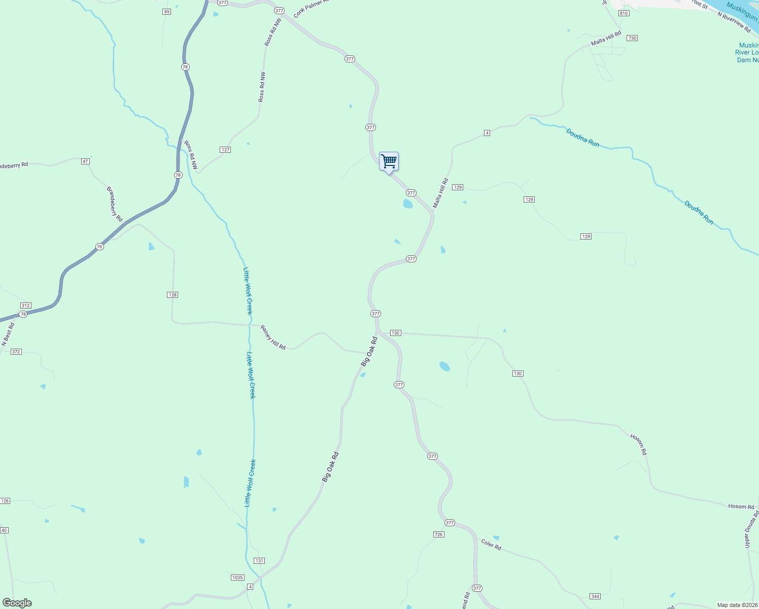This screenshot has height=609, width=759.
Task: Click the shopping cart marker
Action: point(389,162)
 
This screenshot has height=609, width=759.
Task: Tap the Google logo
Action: point(17,603)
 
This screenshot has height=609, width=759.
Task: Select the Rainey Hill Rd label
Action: point(273,337)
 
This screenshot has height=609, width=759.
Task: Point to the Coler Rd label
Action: point(491,545)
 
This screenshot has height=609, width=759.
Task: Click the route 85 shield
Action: point(166,11)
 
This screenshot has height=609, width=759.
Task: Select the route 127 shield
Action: point(225,150)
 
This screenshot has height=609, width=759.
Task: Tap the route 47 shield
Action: point(85,161)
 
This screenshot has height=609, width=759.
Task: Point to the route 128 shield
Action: point(172,295)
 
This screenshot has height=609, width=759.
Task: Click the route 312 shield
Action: point(26,306)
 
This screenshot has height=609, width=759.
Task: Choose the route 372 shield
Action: point(16,352)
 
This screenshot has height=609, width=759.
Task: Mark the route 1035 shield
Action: point(237,578)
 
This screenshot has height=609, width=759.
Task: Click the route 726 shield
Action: point(439,534)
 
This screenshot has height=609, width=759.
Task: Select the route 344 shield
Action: point(595,596)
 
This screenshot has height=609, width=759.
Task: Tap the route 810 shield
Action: point(624,13)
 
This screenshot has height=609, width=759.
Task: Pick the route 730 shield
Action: point(632,38)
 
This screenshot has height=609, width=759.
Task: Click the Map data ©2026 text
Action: point(737,605)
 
